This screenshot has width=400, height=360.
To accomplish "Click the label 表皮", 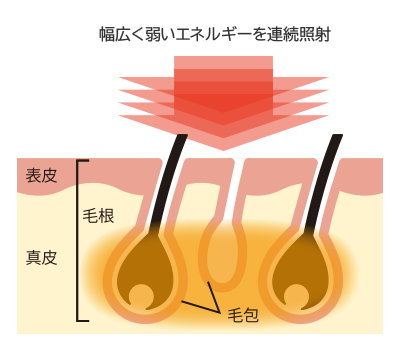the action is (41, 176).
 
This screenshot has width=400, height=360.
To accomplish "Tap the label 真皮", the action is (41, 257).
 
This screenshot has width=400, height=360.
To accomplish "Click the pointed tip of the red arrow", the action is (223, 147).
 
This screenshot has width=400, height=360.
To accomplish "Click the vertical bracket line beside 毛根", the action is (78, 240).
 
